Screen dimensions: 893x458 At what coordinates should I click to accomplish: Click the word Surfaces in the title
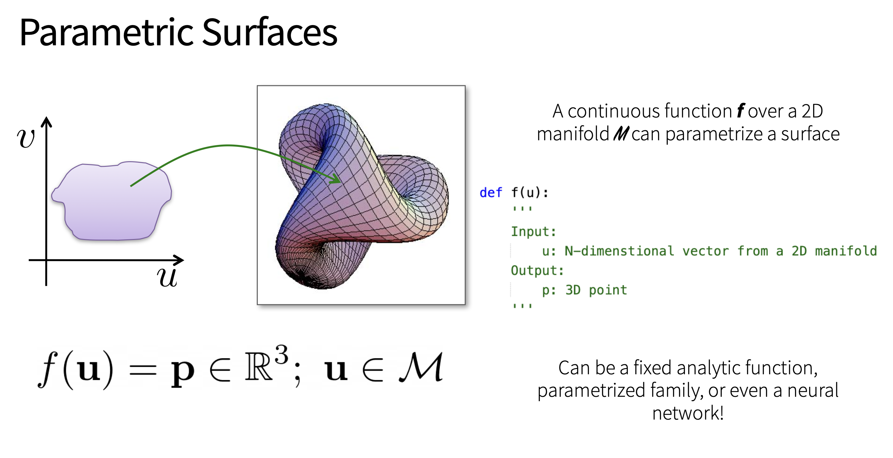(270, 32)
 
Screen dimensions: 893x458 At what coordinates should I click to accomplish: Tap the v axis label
(26, 138)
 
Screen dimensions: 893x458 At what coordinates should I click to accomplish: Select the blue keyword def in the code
(490, 192)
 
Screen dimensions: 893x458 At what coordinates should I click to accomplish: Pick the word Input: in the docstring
(534, 231)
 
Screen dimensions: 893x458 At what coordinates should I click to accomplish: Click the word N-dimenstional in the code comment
(619, 251)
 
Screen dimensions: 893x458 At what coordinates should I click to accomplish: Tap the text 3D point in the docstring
(596, 290)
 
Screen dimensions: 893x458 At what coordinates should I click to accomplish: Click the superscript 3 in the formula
(281, 354)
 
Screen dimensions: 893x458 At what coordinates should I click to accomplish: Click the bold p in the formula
(183, 373)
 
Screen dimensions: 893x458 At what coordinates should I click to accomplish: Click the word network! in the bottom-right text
(688, 413)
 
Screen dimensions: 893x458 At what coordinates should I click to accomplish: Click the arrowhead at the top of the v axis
(46, 122)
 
